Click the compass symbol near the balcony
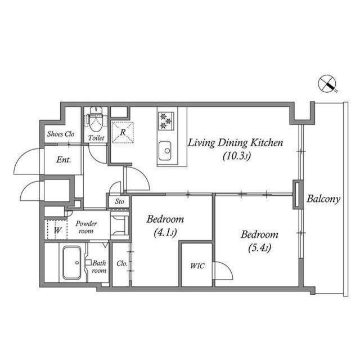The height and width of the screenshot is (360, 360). tap(327, 84)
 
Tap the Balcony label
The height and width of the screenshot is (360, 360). tap(323, 199)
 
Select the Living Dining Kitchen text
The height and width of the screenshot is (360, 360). tap(236, 143)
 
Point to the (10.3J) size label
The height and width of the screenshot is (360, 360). tap(237, 156)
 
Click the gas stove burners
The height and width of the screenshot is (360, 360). tap(166, 121)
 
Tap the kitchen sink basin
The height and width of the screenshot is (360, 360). tap(165, 151)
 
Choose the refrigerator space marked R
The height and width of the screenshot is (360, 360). tap(123, 133)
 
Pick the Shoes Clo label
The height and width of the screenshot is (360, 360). tap(61, 134)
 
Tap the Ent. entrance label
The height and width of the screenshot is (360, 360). tap(64, 160)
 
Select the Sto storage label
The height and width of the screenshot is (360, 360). tap(119, 201)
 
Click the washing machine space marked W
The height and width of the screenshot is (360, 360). tap(57, 230)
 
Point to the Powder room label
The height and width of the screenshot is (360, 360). tap(86, 227)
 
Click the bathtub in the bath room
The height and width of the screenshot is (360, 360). tap(72, 263)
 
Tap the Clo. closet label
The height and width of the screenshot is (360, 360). tap(122, 263)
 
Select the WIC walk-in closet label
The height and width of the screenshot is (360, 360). tap(197, 265)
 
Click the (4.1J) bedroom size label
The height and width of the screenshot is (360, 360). tap(165, 233)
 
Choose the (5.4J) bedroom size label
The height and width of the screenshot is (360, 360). tap(260, 248)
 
